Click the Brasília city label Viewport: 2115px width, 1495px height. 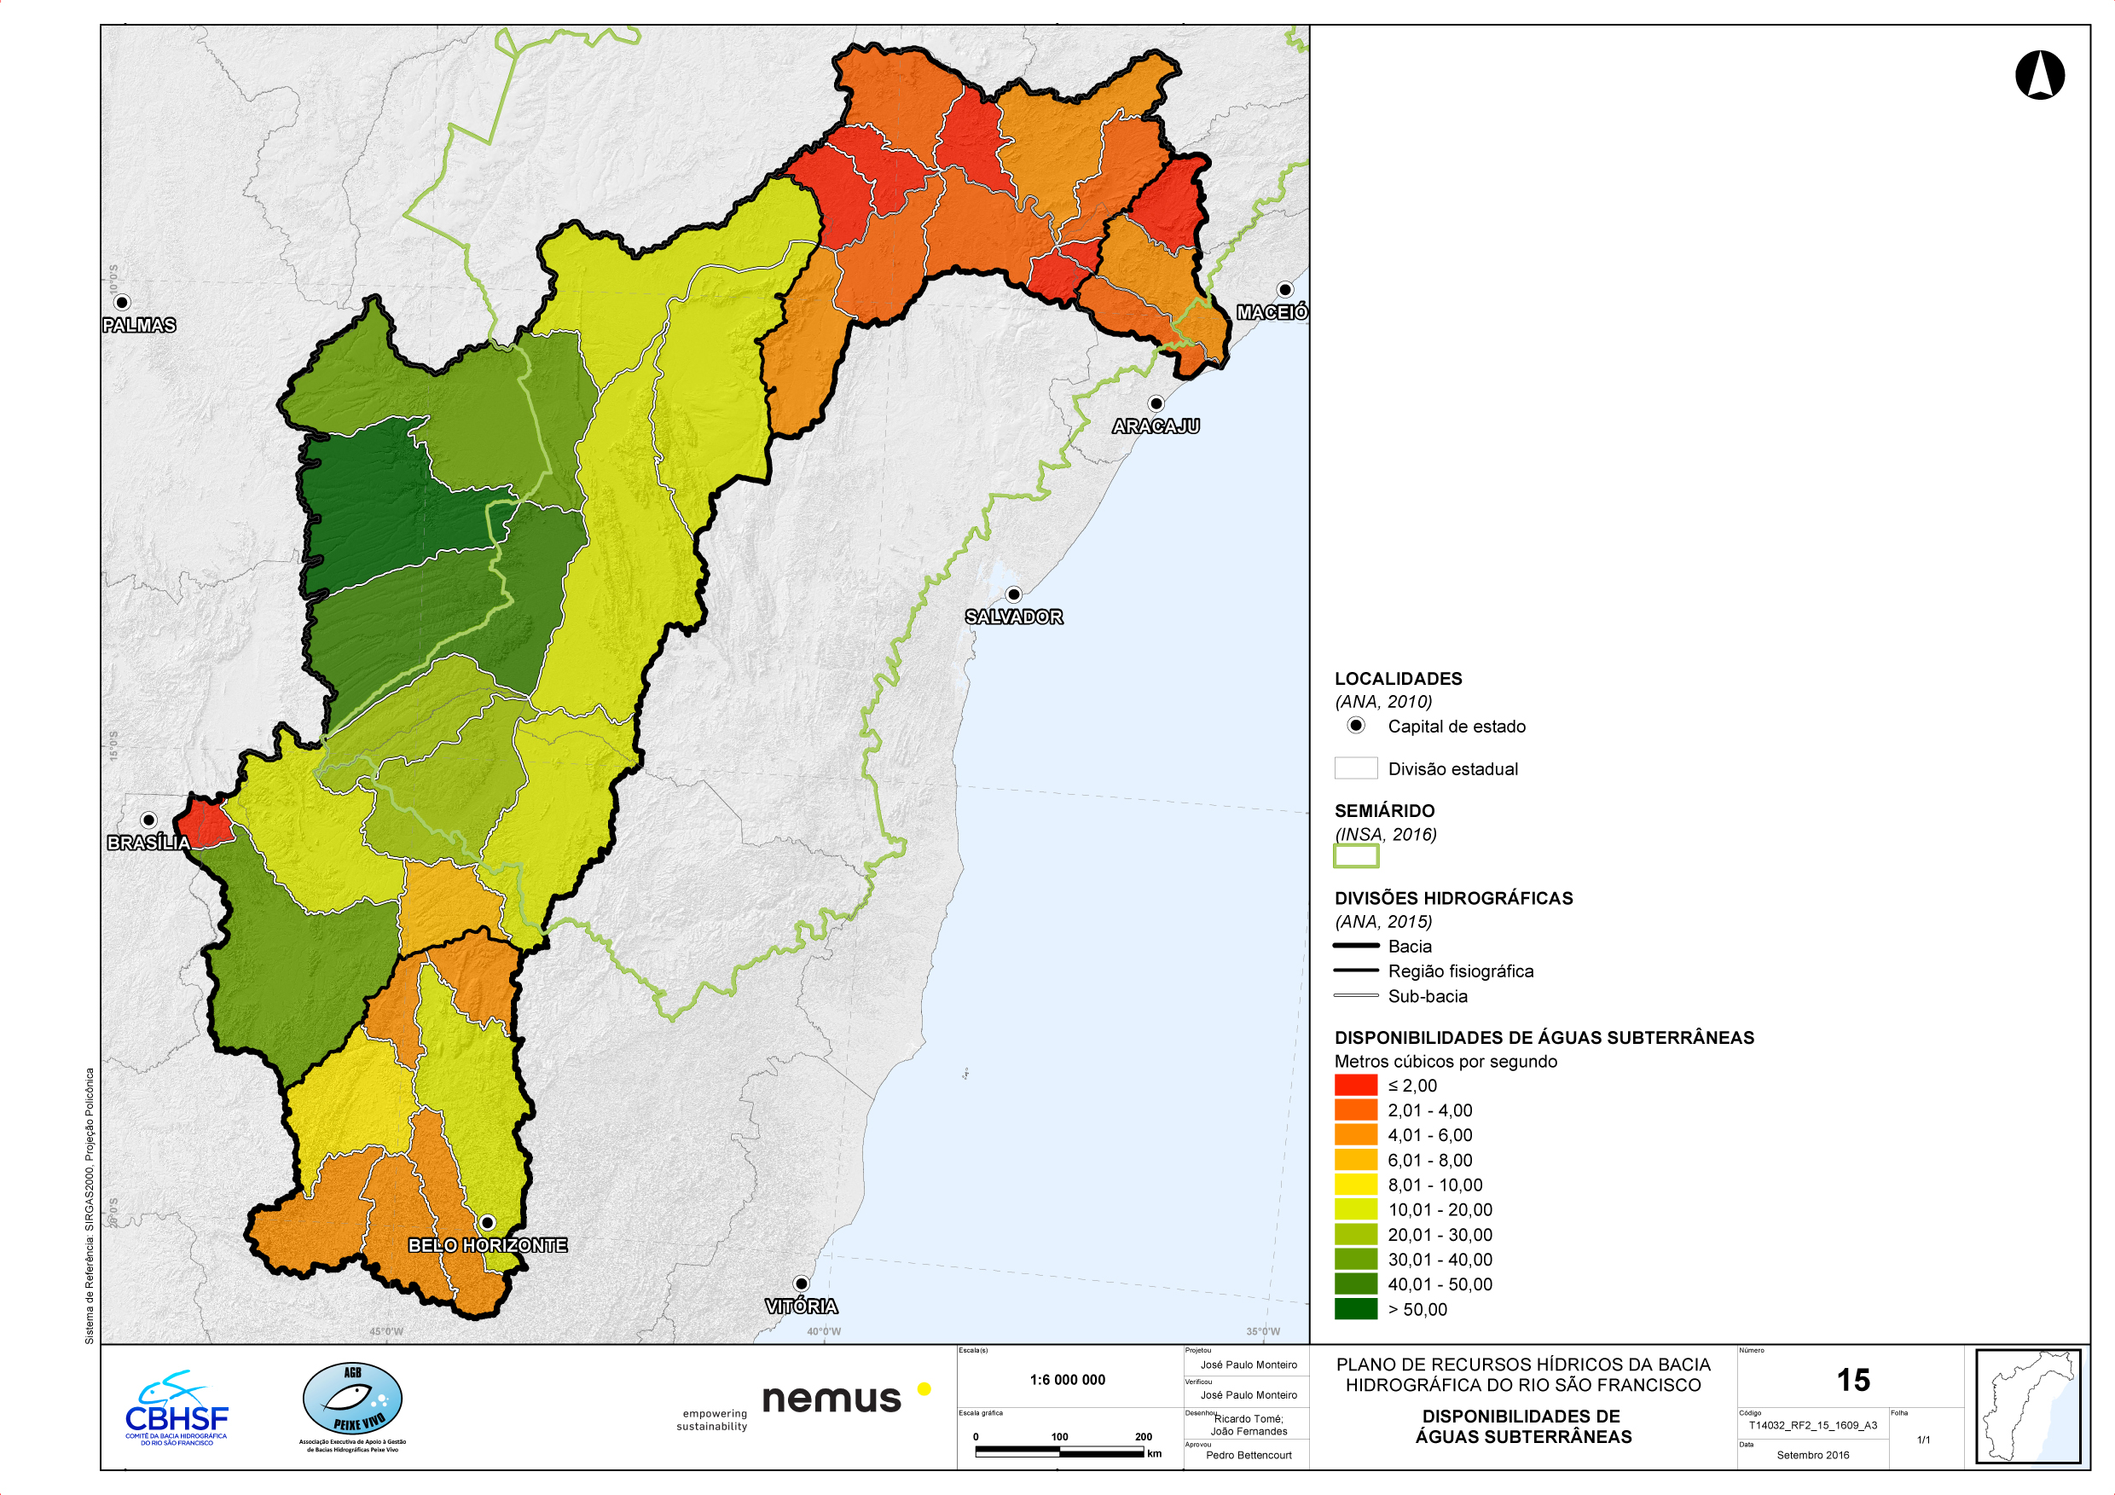coord(148,843)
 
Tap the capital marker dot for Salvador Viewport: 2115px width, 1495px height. coord(1013,595)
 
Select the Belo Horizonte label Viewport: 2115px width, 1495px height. coord(487,1245)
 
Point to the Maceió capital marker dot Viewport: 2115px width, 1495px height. coord(1285,290)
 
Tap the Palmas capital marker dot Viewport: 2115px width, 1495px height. coord(122,302)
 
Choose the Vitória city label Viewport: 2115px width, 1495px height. coord(801,1307)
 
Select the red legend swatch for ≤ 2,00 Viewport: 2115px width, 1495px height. coord(1356,1085)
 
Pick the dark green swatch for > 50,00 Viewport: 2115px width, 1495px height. coord(1356,1309)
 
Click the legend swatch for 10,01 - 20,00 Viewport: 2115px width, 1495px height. coord(1356,1209)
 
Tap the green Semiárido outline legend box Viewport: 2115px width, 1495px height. coord(1356,856)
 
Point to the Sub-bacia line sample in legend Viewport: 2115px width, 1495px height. coord(1356,996)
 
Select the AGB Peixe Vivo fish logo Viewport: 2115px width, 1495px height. coord(353,1400)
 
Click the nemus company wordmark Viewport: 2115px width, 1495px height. coord(831,1399)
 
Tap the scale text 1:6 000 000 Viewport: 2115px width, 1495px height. coord(1067,1380)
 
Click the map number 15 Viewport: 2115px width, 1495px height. coord(1852,1380)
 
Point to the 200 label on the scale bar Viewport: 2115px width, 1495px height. coord(1142,1437)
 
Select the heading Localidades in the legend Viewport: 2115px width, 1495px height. coord(1398,679)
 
